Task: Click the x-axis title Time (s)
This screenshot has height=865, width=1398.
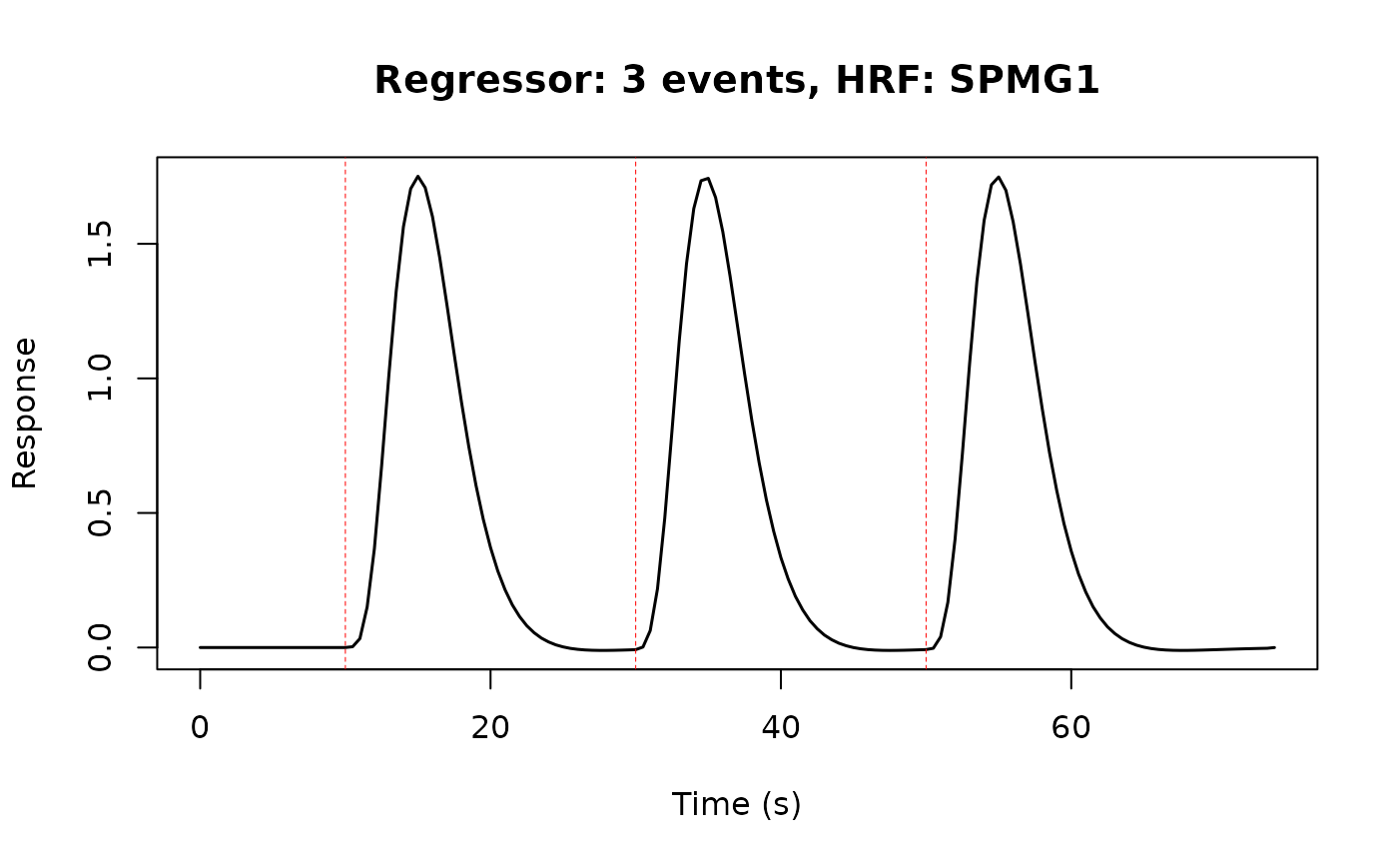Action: tap(736, 804)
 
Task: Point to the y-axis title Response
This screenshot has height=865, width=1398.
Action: tap(25, 413)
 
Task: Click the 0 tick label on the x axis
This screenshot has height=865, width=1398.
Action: tap(200, 728)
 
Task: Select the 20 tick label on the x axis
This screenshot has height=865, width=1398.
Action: tap(490, 728)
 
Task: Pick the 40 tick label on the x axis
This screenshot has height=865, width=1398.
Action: tap(780, 728)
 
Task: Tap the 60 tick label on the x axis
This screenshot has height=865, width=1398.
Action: tap(1070, 728)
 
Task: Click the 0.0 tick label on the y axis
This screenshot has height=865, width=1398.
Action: tap(100, 647)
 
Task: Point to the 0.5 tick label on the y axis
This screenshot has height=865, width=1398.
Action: tap(100, 512)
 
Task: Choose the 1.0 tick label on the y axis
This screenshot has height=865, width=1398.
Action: tap(100, 379)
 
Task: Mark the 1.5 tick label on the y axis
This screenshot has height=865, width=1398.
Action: tap(100, 244)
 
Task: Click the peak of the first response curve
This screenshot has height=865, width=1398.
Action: tap(418, 177)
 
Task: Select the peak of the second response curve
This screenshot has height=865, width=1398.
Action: tap(708, 179)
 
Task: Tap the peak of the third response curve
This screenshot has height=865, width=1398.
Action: tap(999, 177)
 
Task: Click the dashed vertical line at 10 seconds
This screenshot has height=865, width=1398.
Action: tap(346, 400)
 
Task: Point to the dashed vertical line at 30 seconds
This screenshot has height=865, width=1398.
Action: tap(635, 400)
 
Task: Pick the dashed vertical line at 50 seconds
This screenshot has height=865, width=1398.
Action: tap(926, 400)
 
